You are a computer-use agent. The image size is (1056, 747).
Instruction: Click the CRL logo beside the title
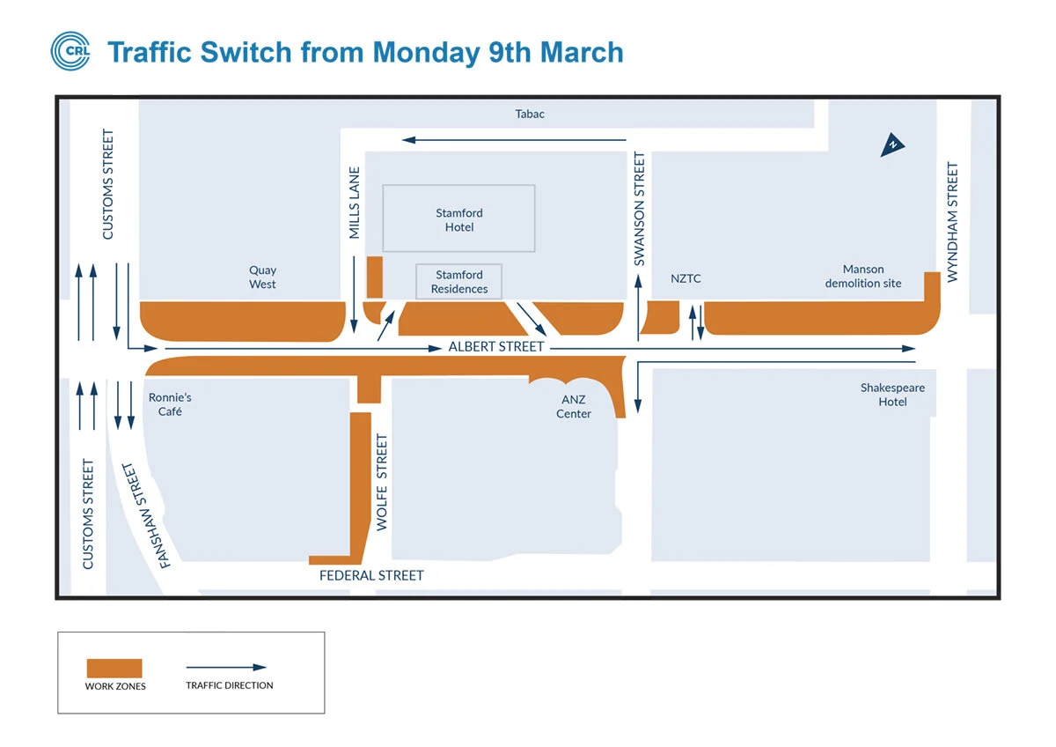70,50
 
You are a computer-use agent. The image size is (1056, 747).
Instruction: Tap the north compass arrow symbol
893,145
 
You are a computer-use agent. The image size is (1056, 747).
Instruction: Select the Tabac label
530,114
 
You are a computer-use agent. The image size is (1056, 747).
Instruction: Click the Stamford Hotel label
459,220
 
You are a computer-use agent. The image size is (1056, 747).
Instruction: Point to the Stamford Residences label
459,282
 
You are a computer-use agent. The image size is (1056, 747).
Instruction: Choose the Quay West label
262,277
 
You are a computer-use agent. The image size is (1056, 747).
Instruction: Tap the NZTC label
686,279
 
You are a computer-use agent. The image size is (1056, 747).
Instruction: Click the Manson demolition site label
863,277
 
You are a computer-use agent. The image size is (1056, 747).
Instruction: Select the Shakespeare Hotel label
892,395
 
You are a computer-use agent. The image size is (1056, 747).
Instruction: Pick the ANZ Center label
574,406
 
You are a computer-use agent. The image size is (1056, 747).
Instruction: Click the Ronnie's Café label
170,404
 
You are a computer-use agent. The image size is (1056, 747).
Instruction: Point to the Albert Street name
496,347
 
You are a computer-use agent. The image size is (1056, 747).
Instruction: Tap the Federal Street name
371,575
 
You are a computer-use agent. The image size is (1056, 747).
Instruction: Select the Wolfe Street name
382,482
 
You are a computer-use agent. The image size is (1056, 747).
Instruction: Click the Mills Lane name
355,203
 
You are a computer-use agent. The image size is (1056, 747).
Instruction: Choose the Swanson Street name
640,209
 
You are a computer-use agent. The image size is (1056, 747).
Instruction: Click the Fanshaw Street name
144,515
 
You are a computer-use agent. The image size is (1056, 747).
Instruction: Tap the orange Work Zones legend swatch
114,668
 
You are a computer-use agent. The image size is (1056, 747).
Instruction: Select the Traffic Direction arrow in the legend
226,668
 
